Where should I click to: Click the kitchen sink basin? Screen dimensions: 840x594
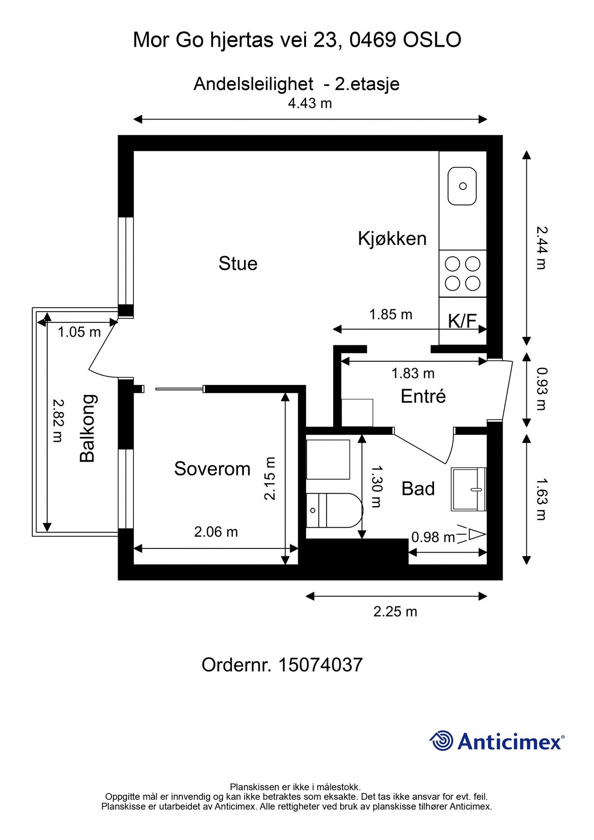coord(462,186)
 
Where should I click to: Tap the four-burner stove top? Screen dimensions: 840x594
coord(462,273)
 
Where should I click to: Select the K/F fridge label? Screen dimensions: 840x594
coord(462,321)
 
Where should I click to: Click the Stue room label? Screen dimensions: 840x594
coord(238,264)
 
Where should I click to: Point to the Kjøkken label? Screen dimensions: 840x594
coord(392,238)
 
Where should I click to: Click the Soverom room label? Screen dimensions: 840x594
coord(212,469)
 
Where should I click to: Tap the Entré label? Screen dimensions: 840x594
coord(423,396)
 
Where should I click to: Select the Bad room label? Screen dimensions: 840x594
coord(418,489)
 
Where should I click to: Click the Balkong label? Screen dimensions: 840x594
coord(87,428)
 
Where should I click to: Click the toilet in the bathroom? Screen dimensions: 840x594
coord(334,510)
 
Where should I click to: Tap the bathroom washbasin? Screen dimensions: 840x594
coord(468,489)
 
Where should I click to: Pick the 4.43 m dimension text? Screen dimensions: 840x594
coord(310,103)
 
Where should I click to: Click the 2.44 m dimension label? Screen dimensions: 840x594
coord(541,248)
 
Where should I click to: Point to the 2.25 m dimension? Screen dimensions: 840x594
coord(395,612)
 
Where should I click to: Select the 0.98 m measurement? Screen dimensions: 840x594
coord(433,538)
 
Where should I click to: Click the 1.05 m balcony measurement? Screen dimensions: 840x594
coord(79,332)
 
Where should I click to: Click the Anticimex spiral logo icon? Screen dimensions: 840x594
coord(441,741)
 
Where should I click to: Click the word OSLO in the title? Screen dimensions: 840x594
coord(432,40)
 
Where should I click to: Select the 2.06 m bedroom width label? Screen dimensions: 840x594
coord(216,532)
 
